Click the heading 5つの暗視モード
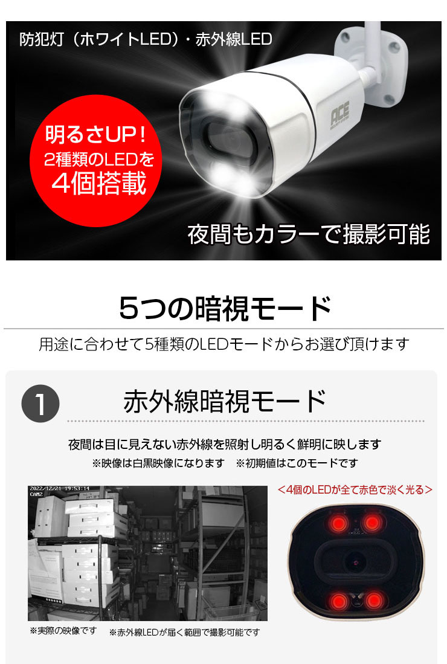tap(225, 308)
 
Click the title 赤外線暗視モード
tap(225, 402)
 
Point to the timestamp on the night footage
tap(59, 489)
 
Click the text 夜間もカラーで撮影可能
tap(309, 234)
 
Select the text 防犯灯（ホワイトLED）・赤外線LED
tap(145, 40)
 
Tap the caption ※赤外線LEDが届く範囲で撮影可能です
tap(184, 632)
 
